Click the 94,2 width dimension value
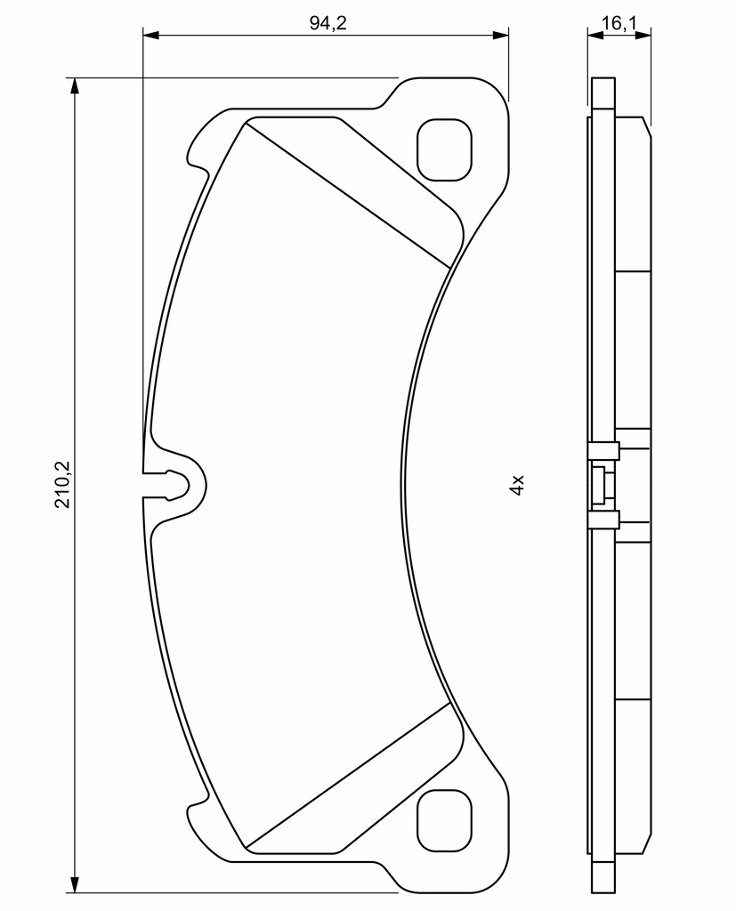[328, 22]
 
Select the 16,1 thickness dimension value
[619, 22]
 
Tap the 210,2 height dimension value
[62, 484]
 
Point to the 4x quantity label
[517, 484]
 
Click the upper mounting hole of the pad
[445, 149]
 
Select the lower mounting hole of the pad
[445, 819]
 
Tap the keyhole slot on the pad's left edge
[174, 485]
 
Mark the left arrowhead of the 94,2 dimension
[150, 36]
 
